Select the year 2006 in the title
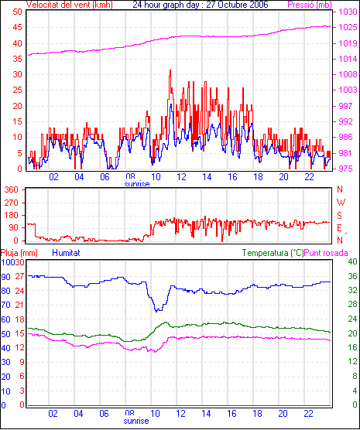(258, 5)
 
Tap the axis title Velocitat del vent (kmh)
(69, 5)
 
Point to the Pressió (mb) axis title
(310, 5)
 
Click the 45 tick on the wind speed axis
(17, 28)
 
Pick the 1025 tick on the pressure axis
(348, 28)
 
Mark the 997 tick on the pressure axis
(345, 106)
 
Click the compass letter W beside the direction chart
(341, 203)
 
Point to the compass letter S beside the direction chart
(340, 216)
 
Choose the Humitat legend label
(66, 253)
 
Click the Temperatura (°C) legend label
(273, 253)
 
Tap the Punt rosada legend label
(326, 253)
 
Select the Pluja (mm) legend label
(19, 253)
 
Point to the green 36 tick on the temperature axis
(352, 276)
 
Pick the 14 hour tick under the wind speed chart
(207, 177)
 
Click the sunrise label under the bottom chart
(136, 421)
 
